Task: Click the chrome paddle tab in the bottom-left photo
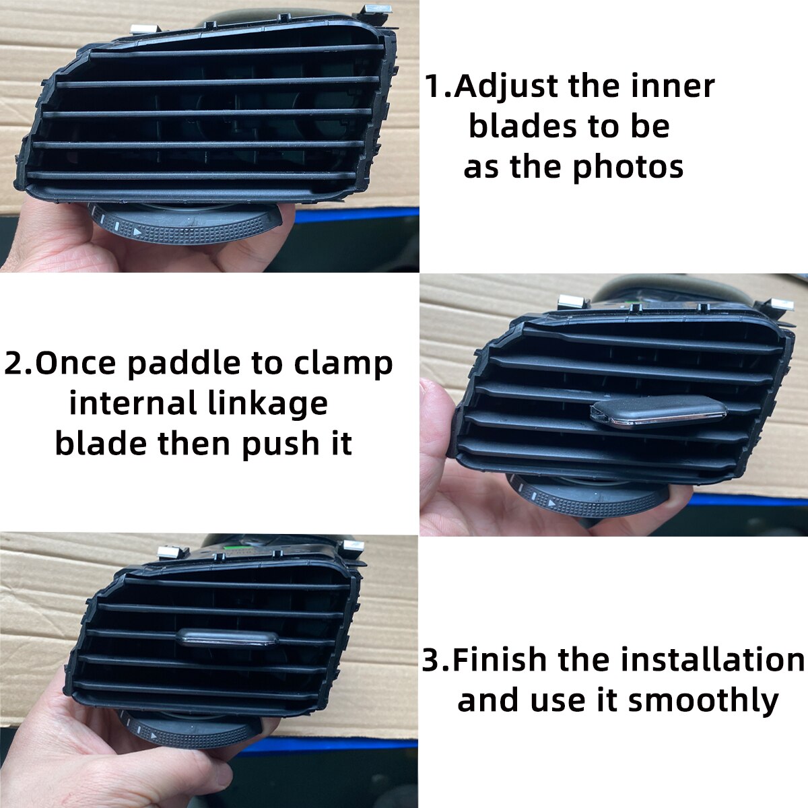(229, 638)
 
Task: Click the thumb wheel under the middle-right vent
(593, 498)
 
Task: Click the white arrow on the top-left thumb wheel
(137, 232)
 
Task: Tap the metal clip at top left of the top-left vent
(143, 29)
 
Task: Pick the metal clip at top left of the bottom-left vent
(172, 552)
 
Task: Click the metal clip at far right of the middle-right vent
(781, 304)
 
